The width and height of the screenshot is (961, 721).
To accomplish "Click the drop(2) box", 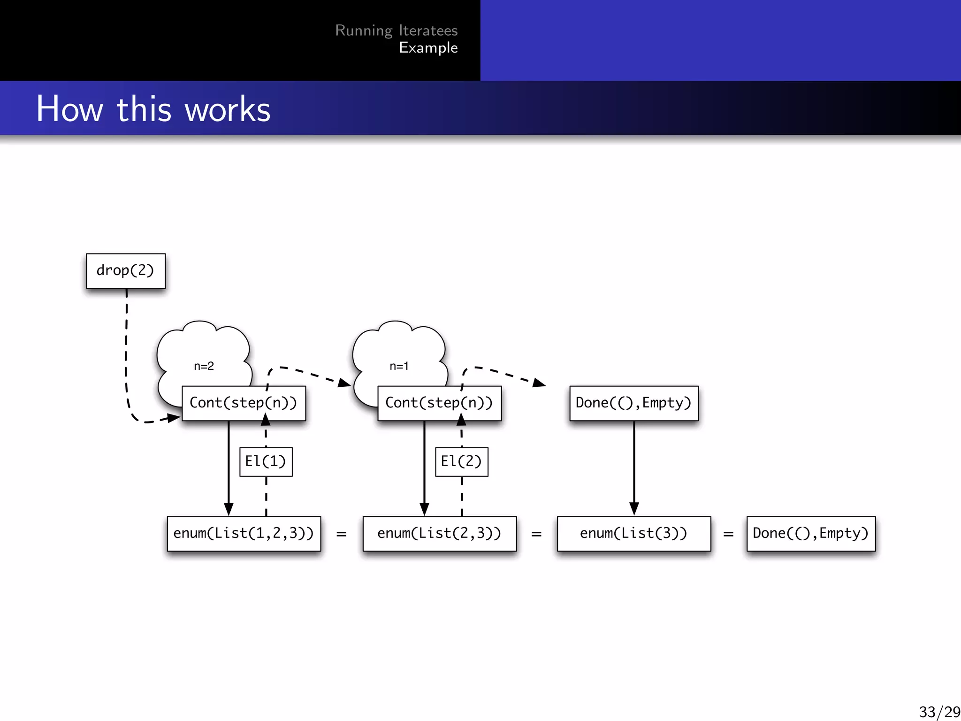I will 126,271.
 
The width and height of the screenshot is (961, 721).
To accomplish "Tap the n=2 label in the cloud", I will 204,366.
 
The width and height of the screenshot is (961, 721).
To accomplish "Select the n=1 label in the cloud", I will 399,366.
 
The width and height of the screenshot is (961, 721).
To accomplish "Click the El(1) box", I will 266,462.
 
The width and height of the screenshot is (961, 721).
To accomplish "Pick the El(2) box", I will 461,462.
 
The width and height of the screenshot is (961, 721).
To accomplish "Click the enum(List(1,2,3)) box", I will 244,534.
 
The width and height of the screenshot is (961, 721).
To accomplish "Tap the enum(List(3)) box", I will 633,534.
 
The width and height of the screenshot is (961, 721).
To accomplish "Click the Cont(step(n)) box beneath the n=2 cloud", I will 244,403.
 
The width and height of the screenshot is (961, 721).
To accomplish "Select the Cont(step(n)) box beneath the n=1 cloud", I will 439,403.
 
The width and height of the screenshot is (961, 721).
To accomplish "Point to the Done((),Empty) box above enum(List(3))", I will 633,403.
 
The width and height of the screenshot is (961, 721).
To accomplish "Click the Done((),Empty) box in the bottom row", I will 811,534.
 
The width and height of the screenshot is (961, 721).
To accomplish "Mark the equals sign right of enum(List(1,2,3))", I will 342,534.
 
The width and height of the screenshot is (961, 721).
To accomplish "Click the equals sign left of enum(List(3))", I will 536,534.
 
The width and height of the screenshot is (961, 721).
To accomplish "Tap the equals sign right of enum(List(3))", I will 728,534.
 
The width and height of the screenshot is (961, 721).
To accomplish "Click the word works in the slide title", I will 228,109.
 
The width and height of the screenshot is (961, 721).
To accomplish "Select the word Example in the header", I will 428,48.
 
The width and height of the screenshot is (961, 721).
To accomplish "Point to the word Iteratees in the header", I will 428,31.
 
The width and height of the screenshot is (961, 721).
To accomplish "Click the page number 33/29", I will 939,712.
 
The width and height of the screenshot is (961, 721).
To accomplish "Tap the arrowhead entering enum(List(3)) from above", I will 634,509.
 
